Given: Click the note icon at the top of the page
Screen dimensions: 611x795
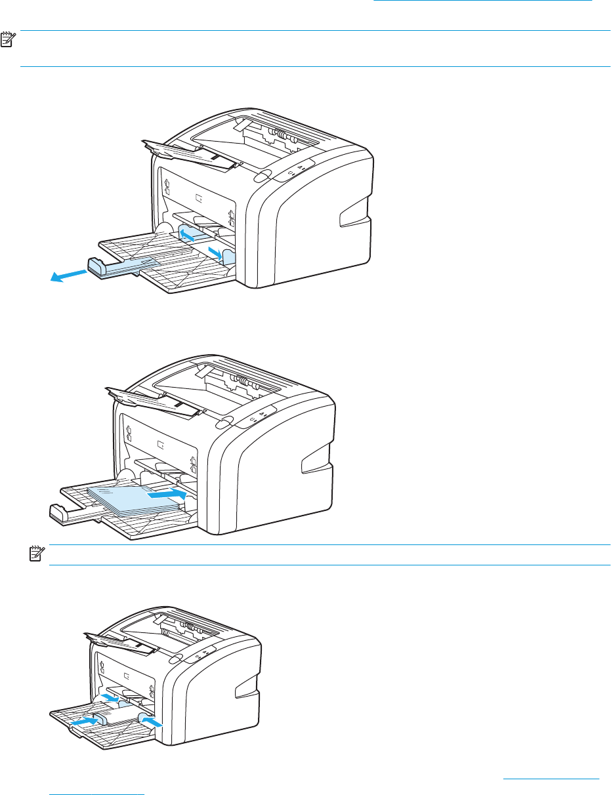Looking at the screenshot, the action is [x=9, y=40].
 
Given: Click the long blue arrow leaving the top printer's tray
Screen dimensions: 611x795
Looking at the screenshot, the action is [x=68, y=276].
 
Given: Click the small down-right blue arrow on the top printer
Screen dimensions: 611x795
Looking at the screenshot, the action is [x=215, y=253].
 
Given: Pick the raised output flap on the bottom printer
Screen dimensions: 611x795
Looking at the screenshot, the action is [x=121, y=643].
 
